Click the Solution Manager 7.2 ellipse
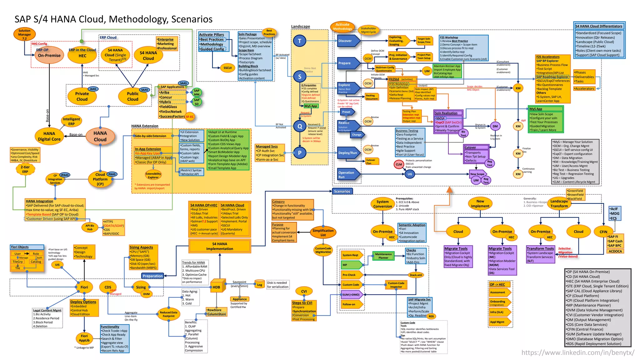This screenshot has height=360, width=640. pyautogui.click(x=24, y=34)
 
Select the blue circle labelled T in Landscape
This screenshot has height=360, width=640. pyautogui.click(x=299, y=41)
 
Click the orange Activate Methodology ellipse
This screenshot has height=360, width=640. pyautogui.click(x=342, y=27)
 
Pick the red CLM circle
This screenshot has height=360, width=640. pyautogui.click(x=399, y=164)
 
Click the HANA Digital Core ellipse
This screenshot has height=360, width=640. pyautogui.click(x=49, y=136)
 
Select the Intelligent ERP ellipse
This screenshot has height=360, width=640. pyautogui.click(x=71, y=121)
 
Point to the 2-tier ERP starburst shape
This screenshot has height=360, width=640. pyautogui.click(x=25, y=169)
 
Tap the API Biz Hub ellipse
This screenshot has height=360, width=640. pyautogui.click(x=90, y=227)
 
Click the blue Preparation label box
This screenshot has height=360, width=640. pyautogui.click(x=152, y=276)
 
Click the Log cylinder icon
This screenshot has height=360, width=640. pyautogui.click(x=259, y=284)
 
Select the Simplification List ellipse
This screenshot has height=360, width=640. pyautogui.click(x=323, y=232)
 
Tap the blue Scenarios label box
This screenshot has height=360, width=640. pyautogui.click(x=342, y=191)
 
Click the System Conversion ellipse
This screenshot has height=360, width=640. pyautogui.click(x=382, y=204)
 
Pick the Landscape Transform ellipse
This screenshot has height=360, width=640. pyautogui.click(x=559, y=203)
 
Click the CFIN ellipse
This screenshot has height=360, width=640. pyautogui.click(x=603, y=232)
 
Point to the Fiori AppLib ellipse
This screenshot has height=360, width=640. pyautogui.click(x=84, y=338)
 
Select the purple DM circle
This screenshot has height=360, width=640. pyautogui.click(x=495, y=126)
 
